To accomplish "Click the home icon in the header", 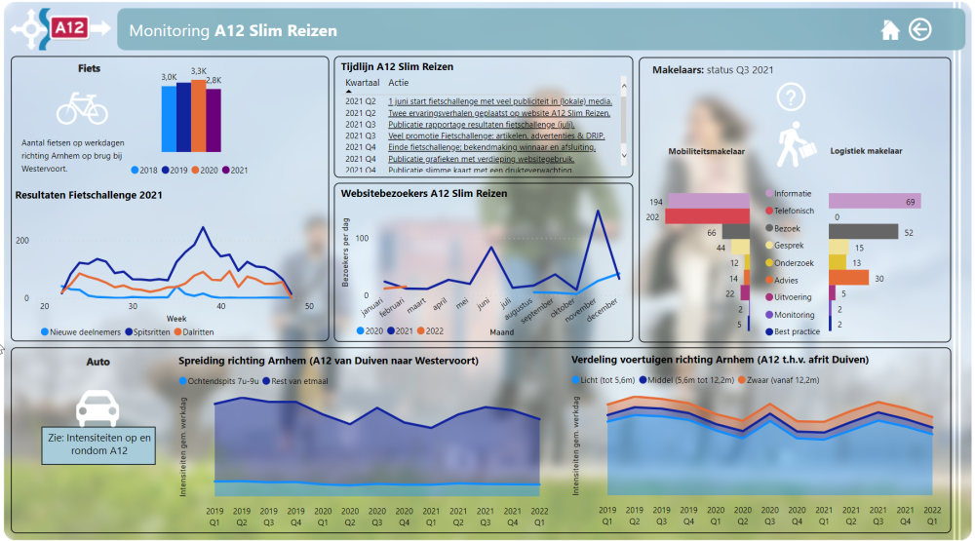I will [x=889, y=30].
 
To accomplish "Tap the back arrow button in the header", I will [x=919, y=30].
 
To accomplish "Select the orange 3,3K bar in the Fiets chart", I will [x=199, y=115].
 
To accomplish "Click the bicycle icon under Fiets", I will [x=82, y=107].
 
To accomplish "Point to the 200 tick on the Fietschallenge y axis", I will [x=22, y=240].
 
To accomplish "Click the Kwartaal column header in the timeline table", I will [x=362, y=83].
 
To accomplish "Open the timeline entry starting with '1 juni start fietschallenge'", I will [x=500, y=100].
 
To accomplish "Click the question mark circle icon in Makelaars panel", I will [x=791, y=97].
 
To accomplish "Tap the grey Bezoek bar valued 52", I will [x=862, y=232].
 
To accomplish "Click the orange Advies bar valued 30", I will [x=848, y=278].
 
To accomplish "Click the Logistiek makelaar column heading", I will [x=866, y=151].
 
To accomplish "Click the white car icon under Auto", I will [x=97, y=405].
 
